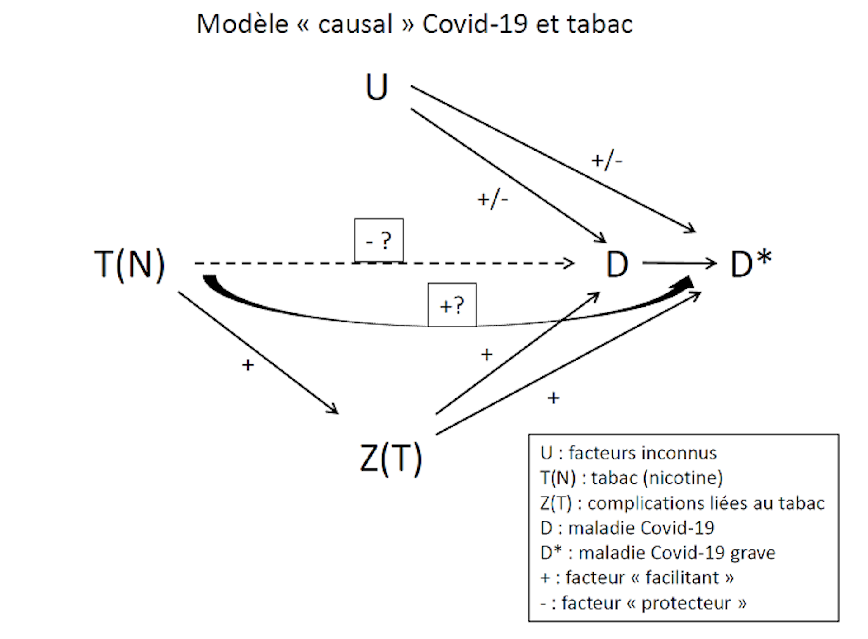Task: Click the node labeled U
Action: point(377,87)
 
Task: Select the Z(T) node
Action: point(391,459)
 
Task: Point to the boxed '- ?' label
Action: point(379,240)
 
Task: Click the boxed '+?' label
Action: point(452,305)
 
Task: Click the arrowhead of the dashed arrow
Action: point(570,263)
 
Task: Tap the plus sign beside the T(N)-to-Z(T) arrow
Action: point(248,365)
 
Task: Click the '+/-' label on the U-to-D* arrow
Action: point(607,161)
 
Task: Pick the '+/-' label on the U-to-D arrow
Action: point(493,199)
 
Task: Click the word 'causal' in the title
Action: point(355,24)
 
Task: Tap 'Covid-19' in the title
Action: point(475,24)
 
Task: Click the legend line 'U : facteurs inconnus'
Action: point(628,453)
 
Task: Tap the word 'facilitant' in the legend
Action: point(682,578)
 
